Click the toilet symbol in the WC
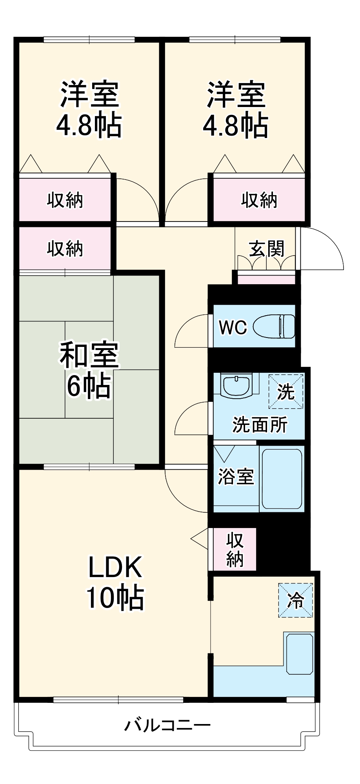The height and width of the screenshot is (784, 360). coord(274,326)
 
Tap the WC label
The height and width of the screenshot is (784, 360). coord(233,327)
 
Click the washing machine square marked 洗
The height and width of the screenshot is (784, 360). coord(286,391)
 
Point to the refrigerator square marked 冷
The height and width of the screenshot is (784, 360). coord(296,600)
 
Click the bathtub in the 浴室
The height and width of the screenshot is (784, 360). coord(282,479)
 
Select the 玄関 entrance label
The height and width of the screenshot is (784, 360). coord(266,248)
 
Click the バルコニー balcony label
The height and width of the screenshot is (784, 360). coord(167,725)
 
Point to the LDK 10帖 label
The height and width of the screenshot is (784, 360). coord(115,582)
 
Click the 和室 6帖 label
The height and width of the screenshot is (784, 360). coord(89,370)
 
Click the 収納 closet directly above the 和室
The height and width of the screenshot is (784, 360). coord(65,249)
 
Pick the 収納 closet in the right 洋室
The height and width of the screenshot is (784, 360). coord(259,200)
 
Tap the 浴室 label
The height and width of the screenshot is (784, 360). coord(236,476)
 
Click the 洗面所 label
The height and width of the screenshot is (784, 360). coord(260,425)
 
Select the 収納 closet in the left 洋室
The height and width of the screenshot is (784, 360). coord(65,200)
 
